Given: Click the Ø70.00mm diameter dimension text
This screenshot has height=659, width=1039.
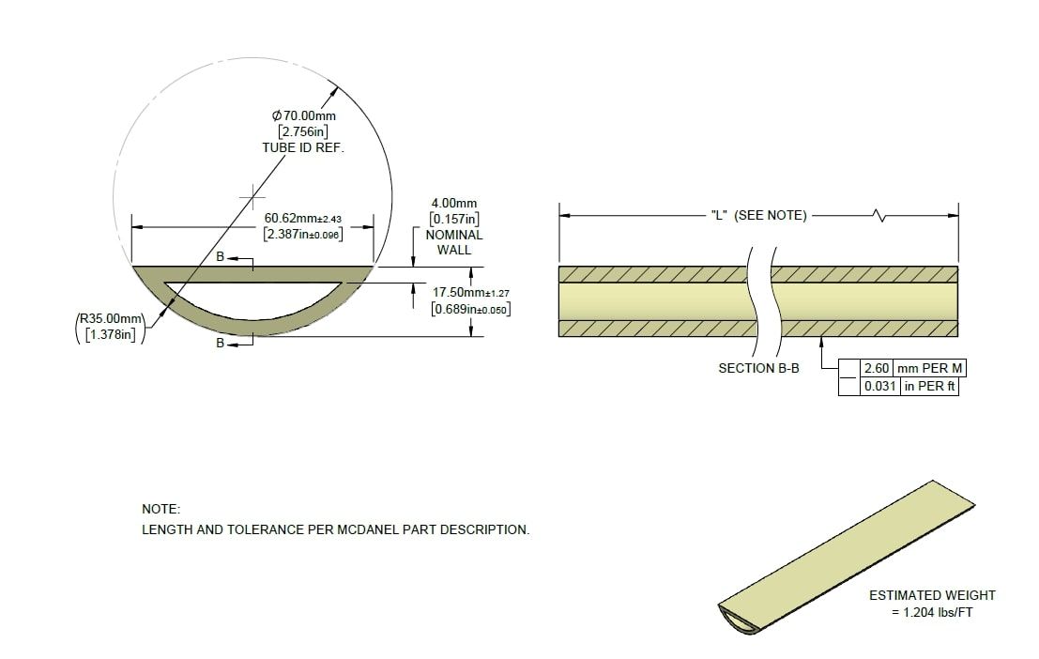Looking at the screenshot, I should tap(304, 115).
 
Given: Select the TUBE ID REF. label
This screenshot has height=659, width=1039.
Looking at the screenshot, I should tap(303, 148).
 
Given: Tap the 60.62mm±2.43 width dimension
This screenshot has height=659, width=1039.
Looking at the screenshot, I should tap(302, 218).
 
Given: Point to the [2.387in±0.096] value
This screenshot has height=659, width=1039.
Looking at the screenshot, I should tap(302, 234).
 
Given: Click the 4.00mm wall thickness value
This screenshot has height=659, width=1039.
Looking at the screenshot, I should tap(454, 203).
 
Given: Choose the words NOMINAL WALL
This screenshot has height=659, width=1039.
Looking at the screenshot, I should tap(454, 242).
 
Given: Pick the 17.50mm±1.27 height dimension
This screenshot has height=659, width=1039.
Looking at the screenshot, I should tap(470, 293).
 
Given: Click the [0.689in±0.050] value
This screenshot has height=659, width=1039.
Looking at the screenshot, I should tap(470, 308).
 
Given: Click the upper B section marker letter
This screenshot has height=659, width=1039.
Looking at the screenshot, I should tap(220, 255).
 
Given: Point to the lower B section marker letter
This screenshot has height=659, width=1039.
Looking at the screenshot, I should tap(221, 344).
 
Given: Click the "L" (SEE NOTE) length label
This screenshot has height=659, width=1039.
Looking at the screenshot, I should tap(757, 215).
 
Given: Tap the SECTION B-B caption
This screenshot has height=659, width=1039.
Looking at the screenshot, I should tap(758, 369).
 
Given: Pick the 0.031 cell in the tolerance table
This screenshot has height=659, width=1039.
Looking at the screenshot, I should tap(879, 386).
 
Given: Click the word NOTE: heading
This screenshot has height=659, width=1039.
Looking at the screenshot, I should tap(160, 508).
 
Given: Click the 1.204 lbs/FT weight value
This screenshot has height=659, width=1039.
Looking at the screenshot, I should tap(932, 612).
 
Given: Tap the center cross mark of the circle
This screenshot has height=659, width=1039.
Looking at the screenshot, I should tap(252, 198).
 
